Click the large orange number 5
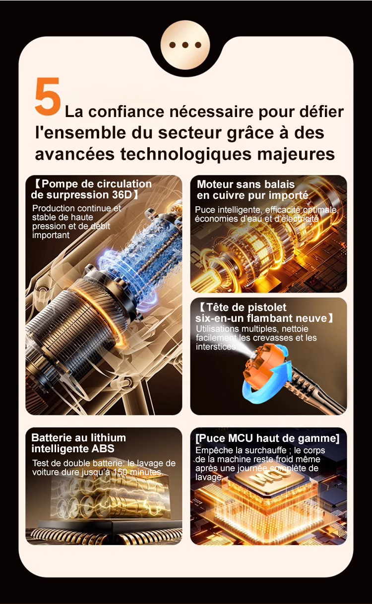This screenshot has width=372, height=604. tap(48, 96)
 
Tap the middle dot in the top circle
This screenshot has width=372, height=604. tap(185, 45)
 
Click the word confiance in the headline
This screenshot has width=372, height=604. tap(126, 112)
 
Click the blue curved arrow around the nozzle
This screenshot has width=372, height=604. tap(265, 382)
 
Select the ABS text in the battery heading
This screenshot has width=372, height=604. tap(103, 449)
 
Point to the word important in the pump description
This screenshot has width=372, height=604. tap(51, 235)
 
